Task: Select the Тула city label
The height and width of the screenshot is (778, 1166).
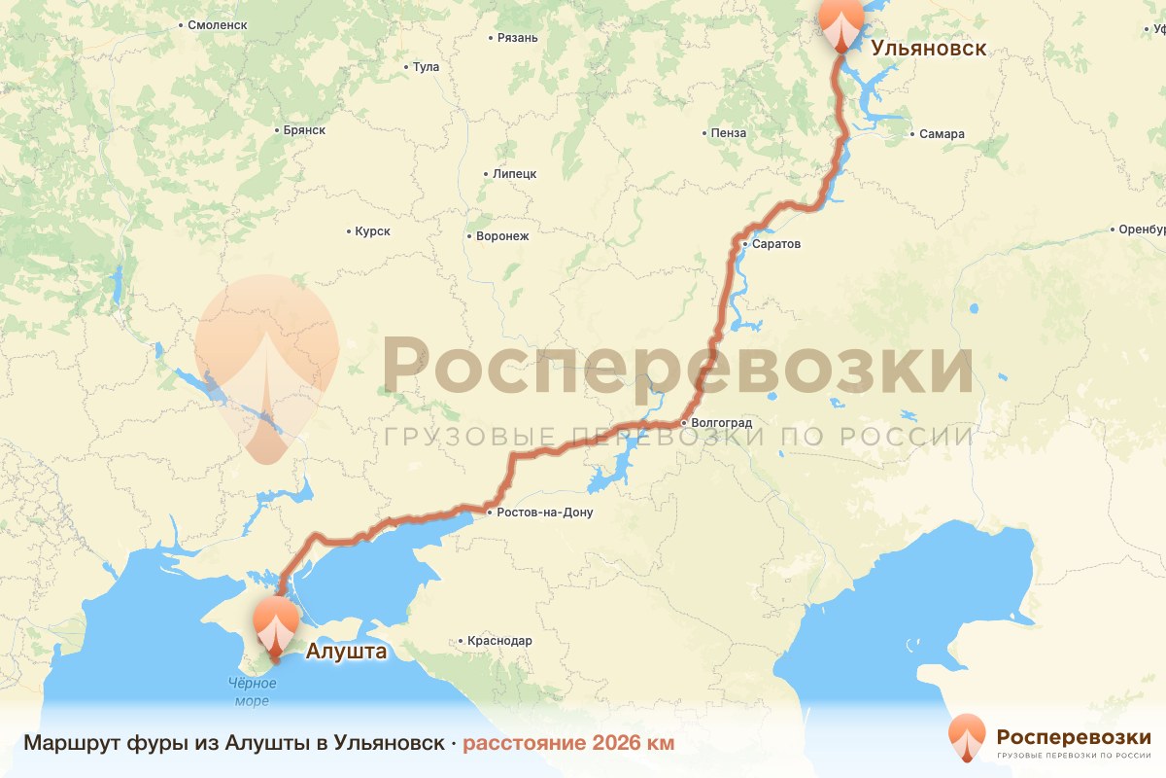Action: [426, 67]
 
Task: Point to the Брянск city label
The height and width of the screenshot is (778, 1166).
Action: [303, 129]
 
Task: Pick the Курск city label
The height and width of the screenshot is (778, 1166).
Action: [372, 231]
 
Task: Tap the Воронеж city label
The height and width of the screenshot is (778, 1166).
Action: [501, 236]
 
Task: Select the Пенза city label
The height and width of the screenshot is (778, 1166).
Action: [728, 133]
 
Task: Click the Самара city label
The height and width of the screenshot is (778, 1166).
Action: [942, 134]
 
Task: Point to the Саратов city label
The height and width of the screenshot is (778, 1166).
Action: [775, 244]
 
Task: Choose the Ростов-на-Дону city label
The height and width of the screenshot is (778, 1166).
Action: [543, 513]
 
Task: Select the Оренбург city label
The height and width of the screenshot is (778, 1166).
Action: [1141, 230]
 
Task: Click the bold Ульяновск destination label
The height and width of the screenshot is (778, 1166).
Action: [928, 49]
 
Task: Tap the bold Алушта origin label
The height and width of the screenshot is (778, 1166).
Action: [346, 652]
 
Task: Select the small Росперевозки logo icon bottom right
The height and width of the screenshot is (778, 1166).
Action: [966, 737]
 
